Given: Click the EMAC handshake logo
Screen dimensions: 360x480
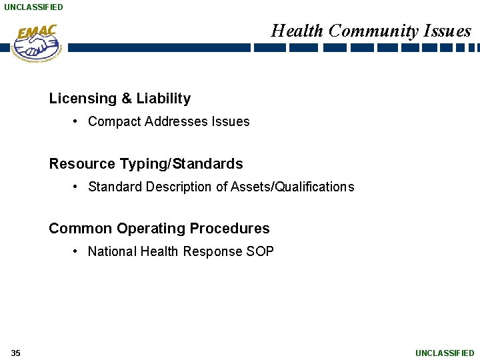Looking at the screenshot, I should [x=37, y=43].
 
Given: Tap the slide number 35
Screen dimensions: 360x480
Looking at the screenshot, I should [x=15, y=353].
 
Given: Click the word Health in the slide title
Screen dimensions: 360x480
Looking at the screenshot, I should [x=297, y=31].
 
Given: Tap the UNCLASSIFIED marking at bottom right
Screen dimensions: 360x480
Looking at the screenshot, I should [x=445, y=353].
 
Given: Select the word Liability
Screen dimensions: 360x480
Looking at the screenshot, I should [x=163, y=99].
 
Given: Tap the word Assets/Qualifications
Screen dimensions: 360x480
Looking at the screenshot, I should [x=293, y=187].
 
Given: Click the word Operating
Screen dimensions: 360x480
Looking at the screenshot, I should [x=151, y=228].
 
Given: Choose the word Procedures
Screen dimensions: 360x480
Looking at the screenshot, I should [x=230, y=228].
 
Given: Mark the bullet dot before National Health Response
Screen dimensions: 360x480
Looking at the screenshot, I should [x=77, y=251].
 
